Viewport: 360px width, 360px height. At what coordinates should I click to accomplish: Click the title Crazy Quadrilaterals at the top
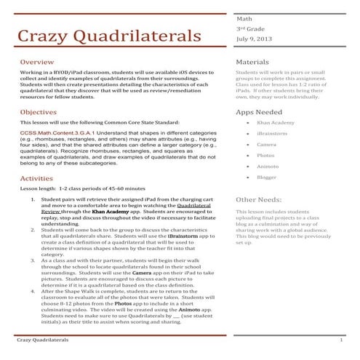[109, 36]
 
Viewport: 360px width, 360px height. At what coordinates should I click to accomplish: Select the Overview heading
[36, 63]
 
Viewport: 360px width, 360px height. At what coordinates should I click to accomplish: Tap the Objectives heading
[39, 113]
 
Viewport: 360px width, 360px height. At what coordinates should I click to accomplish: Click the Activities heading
[36, 177]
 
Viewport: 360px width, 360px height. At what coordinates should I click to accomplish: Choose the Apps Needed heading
[260, 113]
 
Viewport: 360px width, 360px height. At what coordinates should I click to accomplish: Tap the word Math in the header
[244, 17]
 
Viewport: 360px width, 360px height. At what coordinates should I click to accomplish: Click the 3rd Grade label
[250, 28]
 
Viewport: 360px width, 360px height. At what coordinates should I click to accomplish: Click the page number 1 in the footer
[341, 340]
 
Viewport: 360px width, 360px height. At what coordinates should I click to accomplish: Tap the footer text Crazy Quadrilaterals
[43, 340]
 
